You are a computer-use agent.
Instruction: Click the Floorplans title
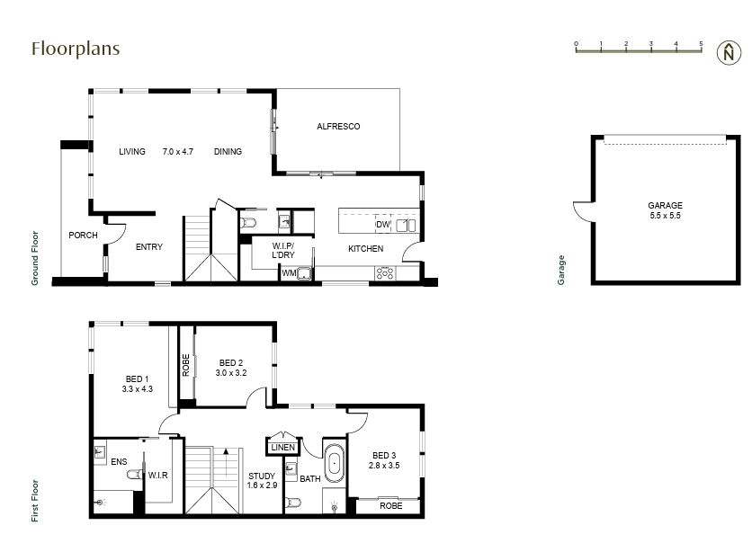(76, 49)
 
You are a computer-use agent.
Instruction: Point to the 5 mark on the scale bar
(701, 43)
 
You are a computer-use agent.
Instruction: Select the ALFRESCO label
(338, 127)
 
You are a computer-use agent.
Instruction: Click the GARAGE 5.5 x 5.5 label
(665, 211)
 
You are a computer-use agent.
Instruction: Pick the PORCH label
(83, 236)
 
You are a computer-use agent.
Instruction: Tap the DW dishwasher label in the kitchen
(382, 225)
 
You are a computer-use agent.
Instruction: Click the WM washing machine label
(289, 272)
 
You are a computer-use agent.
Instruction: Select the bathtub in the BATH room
(335, 464)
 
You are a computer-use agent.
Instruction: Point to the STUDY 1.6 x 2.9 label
(262, 481)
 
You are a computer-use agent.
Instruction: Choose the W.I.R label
(158, 475)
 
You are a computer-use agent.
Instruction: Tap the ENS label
(119, 462)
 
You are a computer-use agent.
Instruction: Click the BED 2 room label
(231, 368)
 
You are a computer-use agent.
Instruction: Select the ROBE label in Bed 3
(390, 506)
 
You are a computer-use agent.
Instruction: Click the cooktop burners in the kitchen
(385, 272)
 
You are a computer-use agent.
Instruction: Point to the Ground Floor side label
(35, 259)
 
